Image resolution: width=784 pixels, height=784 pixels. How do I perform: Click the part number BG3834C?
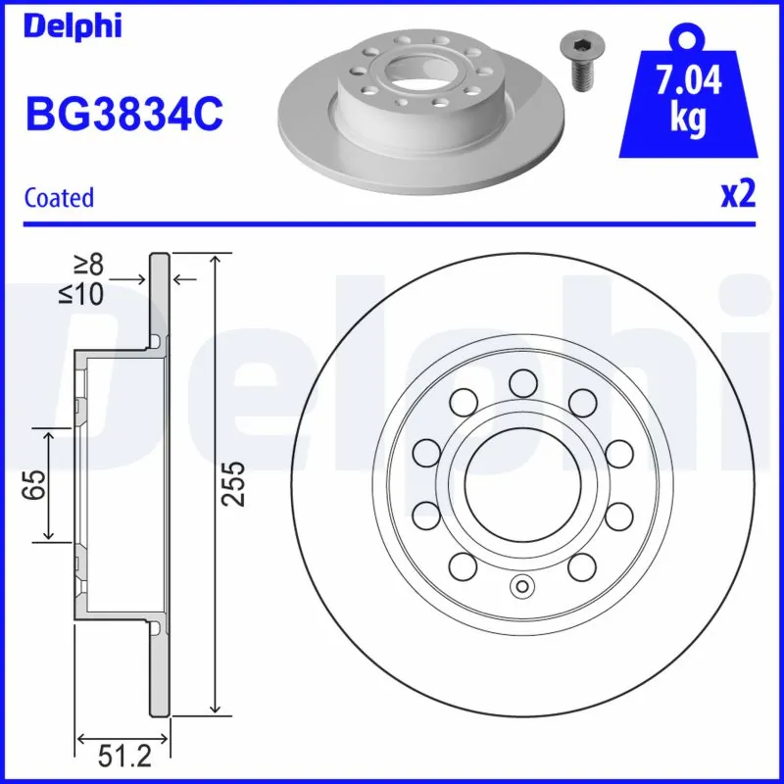(x=123, y=115)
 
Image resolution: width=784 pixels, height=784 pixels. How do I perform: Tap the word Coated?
(x=59, y=197)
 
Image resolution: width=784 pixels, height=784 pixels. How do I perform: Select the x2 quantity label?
(x=739, y=195)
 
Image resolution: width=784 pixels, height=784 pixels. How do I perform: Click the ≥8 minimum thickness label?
(x=87, y=264)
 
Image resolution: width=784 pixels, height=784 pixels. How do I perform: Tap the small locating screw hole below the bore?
(x=521, y=587)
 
